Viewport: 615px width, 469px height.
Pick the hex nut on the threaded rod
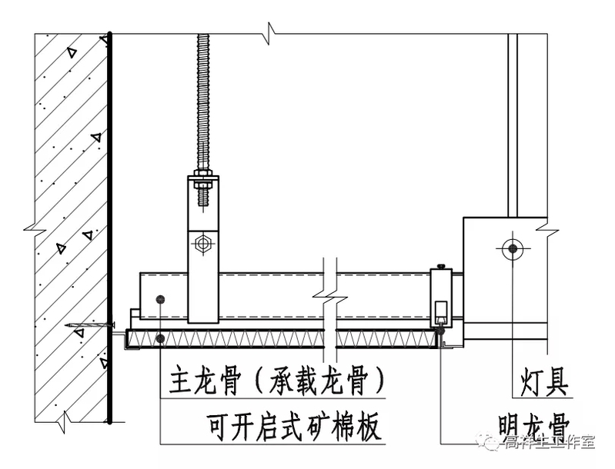pos(204,182)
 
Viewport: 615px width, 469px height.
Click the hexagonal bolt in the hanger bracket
pos(204,244)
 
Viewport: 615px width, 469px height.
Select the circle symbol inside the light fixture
pos(510,248)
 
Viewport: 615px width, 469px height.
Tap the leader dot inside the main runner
pos(159,298)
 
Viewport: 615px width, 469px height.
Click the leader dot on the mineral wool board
pos(159,338)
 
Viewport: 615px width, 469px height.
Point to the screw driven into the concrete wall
pos(91,328)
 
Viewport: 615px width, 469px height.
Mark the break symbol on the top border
pos(269,32)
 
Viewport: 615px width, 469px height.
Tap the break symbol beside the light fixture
pos(548,228)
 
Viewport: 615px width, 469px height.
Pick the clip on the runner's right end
pos(440,296)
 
